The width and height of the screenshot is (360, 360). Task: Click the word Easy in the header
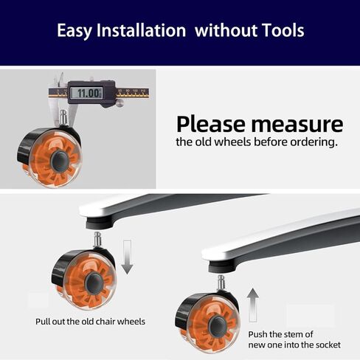(75, 31)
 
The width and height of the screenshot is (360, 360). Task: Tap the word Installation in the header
(141, 30)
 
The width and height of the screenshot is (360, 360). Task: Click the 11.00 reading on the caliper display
(88, 93)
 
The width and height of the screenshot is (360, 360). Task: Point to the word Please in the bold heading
(212, 124)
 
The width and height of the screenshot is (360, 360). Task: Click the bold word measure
(297, 125)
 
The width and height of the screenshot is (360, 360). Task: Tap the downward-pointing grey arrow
(127, 257)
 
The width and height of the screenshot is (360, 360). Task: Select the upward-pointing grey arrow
(253, 305)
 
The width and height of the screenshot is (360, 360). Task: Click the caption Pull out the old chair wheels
(90, 322)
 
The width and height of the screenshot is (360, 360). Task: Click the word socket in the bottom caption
(328, 345)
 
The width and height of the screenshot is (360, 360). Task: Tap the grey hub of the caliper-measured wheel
(60, 162)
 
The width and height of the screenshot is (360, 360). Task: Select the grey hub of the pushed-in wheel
(218, 327)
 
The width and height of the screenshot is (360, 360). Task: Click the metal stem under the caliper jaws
(63, 117)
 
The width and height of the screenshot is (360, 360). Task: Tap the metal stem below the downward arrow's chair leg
(97, 240)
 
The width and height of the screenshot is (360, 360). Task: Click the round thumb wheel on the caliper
(120, 103)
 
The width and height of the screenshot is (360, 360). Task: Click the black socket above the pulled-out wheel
(99, 224)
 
